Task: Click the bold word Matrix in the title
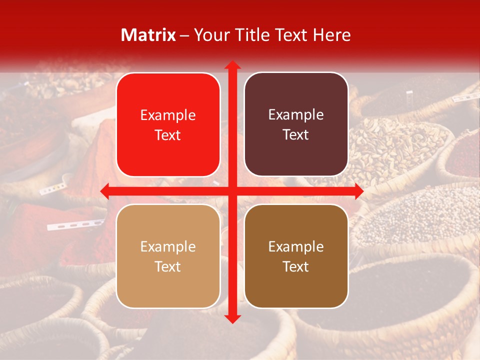coord(148,35)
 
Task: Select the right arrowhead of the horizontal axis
coord(358,191)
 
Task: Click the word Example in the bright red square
coord(168,115)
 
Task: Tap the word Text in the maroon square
coord(296,135)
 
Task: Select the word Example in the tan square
coord(168,247)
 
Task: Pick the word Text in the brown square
coord(296,266)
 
